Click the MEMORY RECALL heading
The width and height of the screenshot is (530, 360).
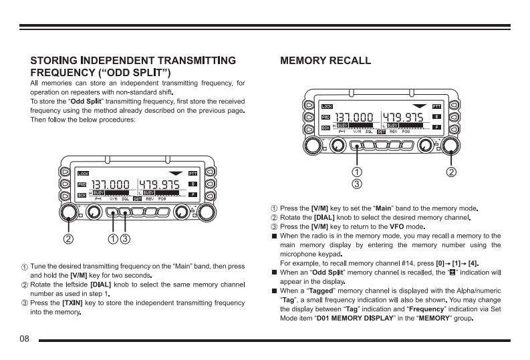click(325, 61)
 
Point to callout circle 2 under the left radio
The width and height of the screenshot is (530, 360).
click(68, 238)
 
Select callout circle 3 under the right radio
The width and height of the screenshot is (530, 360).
click(358, 183)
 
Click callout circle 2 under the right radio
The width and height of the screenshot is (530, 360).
click(452, 172)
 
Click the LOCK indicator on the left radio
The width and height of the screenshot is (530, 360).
click(83, 173)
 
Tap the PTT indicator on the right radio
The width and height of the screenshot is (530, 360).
click(436, 106)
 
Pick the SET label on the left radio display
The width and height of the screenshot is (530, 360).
click(137, 198)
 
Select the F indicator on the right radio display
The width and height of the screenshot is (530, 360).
click(436, 127)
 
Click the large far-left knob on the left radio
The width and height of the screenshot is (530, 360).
click(68, 212)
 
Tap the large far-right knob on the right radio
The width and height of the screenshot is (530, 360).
click(452, 145)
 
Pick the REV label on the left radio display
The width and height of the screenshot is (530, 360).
click(150, 198)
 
